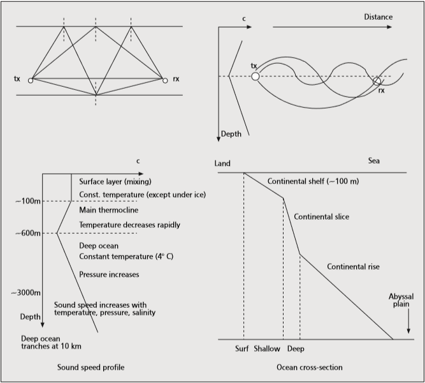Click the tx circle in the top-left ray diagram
30,80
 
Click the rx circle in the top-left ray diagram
165,80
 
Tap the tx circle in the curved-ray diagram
255,77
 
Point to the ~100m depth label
27,202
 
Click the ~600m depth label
27,233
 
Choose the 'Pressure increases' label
109,274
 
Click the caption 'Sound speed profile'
90,368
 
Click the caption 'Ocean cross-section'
310,368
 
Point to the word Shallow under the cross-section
266,349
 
